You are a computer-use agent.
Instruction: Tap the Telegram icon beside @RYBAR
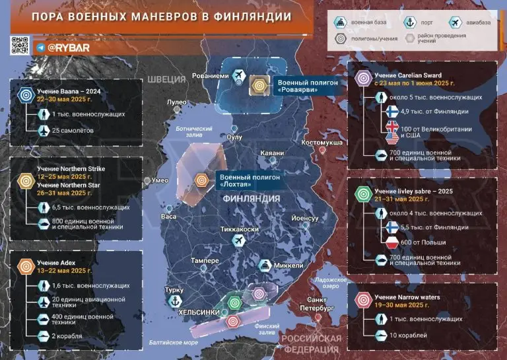point(41,48)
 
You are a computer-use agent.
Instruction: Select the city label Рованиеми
point(210,76)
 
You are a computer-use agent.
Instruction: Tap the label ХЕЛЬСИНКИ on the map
point(201,312)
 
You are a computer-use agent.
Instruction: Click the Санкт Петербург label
point(314,304)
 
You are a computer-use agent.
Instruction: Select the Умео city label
point(160,180)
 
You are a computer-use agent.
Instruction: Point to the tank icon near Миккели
point(263,266)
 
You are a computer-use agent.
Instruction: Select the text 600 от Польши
point(423,242)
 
